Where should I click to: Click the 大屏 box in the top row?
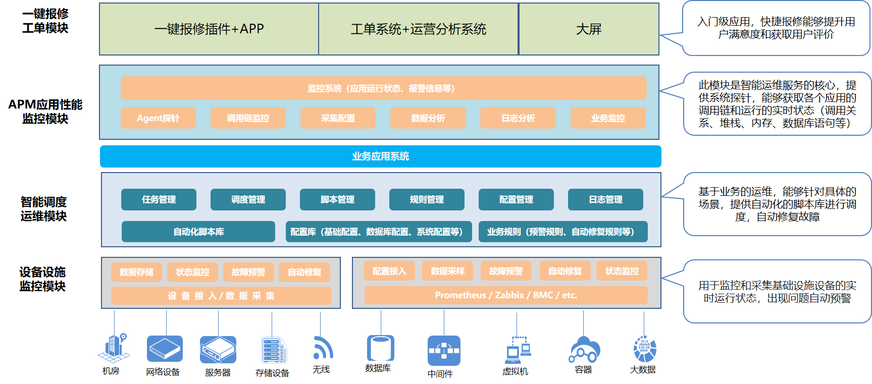point(589,29)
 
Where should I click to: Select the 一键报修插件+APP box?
point(209,29)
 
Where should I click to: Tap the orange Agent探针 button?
point(158,118)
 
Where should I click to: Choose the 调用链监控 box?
point(248,118)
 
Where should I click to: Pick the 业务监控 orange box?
point(608,118)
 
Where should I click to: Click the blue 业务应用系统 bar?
point(380,156)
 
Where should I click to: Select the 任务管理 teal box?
point(159,199)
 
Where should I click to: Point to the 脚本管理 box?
point(337,199)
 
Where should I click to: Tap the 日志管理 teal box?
point(605,199)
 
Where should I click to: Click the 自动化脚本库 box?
point(198,232)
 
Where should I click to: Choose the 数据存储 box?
point(136,272)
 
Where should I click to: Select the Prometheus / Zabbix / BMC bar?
point(506,295)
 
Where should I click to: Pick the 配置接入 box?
point(389,271)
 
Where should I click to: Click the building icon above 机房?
point(114,348)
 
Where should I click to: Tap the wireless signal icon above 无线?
point(323,348)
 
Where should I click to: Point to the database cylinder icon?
point(380,348)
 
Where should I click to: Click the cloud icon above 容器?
point(585,349)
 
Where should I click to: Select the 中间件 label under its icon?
point(440,374)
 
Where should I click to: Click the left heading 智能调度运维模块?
point(44,209)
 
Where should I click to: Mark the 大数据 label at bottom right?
point(643,370)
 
